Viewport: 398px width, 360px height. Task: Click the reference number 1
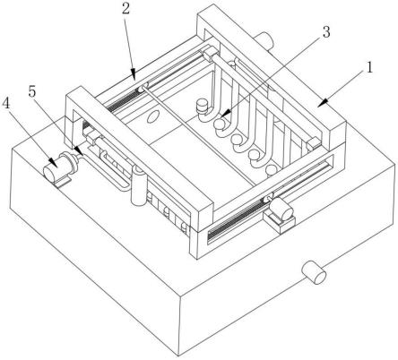370,67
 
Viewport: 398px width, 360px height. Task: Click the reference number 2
125,8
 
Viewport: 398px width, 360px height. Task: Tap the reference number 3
326,32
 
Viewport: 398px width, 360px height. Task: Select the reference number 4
5,104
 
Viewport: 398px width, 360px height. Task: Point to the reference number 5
32,91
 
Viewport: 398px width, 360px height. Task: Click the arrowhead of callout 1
322,103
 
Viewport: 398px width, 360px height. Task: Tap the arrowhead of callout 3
224,114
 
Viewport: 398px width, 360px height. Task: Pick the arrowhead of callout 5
78,150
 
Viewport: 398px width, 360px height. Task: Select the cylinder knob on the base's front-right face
314,272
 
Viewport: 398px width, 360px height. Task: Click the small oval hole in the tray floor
152,116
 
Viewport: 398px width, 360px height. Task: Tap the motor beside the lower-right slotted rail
281,210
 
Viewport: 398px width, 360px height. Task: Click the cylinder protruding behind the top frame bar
264,40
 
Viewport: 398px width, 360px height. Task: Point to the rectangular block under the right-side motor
279,222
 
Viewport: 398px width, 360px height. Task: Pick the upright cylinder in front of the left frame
139,186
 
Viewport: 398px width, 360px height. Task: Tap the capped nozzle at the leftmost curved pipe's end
202,107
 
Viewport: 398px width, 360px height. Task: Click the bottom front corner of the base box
179,356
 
